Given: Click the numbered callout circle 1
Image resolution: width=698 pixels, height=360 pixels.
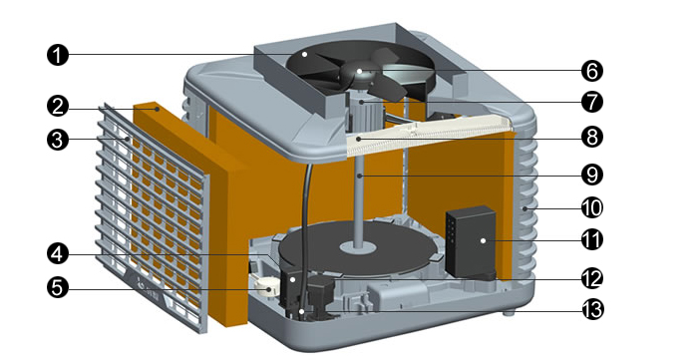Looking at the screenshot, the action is coord(58,55).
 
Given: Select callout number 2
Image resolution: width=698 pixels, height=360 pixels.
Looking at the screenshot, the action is coord(58,107).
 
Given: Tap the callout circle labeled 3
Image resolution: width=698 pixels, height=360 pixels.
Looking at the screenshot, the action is coord(58,140).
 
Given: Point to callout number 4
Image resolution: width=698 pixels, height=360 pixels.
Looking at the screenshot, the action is coord(58,254).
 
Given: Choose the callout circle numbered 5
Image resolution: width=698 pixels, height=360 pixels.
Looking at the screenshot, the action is coord(58,287).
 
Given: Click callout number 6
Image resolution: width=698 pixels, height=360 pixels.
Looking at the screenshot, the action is coord(592,71).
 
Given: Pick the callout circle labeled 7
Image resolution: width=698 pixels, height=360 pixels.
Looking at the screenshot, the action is coord(592,102).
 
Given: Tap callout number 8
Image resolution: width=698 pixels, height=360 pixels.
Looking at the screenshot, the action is coord(592,137).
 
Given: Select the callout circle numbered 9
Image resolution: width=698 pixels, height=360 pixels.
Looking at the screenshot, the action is coord(592,175).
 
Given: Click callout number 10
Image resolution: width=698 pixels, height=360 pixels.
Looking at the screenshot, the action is coord(592,207).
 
